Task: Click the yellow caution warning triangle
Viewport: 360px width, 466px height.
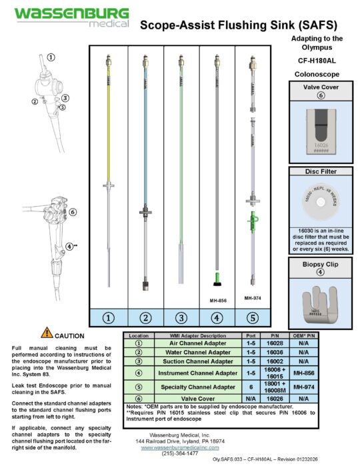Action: tap(47, 333)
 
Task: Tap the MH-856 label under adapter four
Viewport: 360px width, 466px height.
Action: tap(218, 301)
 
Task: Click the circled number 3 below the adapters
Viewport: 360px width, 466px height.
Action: tap(181, 317)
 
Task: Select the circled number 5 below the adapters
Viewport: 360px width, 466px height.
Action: tap(253, 317)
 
